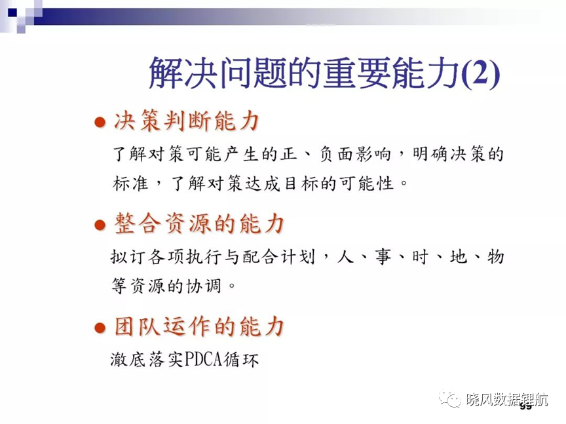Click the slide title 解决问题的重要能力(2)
pyautogui.click(x=324, y=73)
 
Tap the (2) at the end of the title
pyautogui.click(x=481, y=73)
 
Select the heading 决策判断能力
pyautogui.click(x=186, y=121)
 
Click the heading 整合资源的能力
pyautogui.click(x=199, y=223)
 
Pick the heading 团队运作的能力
pyautogui.click(x=199, y=326)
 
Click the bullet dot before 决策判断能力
pyautogui.click(x=100, y=122)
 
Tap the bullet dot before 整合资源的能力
pyautogui.click(x=100, y=225)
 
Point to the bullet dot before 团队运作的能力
pyautogui.click(x=100, y=328)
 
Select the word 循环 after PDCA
pyautogui.click(x=241, y=359)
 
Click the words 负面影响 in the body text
pyautogui.click(x=355, y=154)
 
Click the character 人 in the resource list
pyautogui.click(x=345, y=257)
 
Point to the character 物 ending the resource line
pyautogui.click(x=495, y=257)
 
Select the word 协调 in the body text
pyautogui.click(x=204, y=286)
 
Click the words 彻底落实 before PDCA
pyautogui.click(x=147, y=359)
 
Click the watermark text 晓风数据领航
pyautogui.click(x=507, y=400)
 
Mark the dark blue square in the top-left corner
pyautogui.click(x=12, y=12)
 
